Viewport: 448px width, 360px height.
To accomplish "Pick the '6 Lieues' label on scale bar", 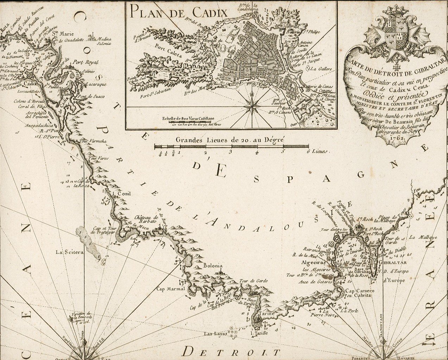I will pos(317,152).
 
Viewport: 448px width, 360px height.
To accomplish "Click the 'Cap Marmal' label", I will pos(171,289).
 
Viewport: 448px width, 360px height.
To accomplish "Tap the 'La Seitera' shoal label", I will pos(69,252).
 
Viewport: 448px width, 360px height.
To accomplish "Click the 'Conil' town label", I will pos(121,193).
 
